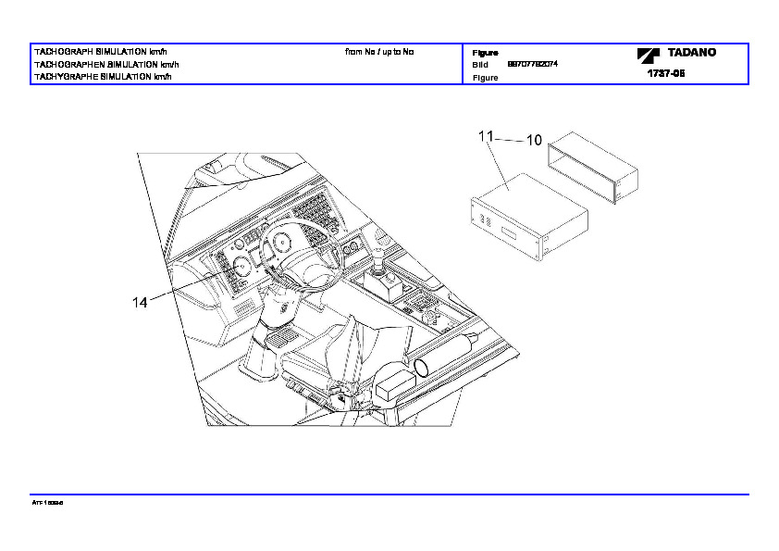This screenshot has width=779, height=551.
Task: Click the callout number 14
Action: click(140, 302)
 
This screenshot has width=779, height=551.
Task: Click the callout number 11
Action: click(486, 136)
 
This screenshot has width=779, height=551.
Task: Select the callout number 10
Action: click(534, 141)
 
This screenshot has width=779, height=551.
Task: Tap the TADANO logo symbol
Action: click(646, 56)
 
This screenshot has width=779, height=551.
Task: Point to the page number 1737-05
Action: click(665, 73)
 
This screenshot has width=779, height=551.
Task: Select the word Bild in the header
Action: click(480, 65)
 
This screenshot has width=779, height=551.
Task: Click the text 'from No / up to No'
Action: click(379, 52)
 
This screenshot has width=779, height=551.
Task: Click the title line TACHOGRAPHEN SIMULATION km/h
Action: click(105, 65)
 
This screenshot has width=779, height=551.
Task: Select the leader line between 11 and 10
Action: click(509, 139)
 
